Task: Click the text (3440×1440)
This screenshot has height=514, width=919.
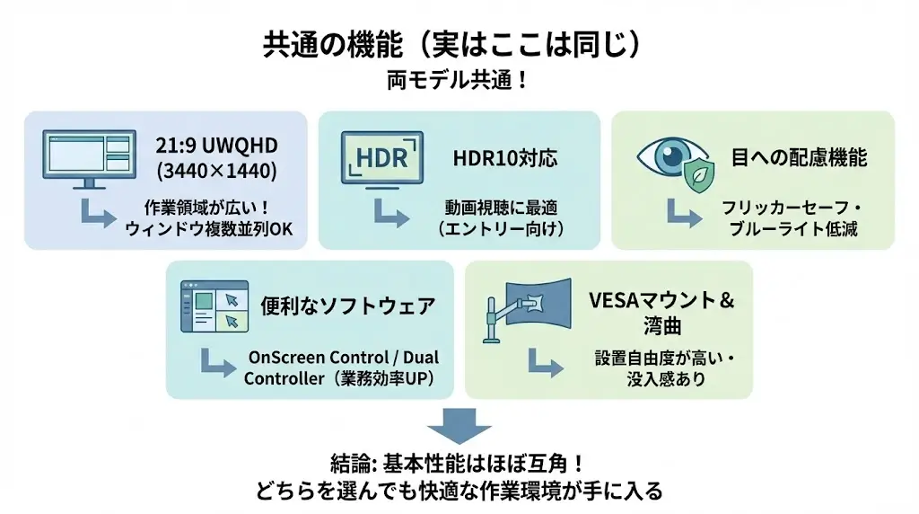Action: click(216, 170)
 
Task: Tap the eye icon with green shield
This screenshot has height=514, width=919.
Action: click(674, 162)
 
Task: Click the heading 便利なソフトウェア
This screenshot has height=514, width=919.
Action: click(347, 306)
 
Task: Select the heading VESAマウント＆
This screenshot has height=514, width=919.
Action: click(661, 300)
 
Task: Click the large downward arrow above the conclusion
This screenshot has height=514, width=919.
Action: click(459, 425)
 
